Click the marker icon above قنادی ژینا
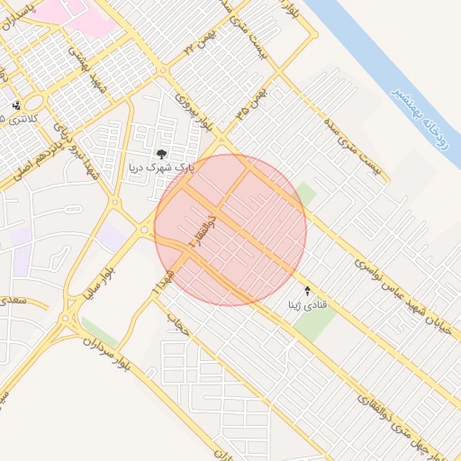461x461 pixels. pos(309,291)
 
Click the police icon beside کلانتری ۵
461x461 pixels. pos(15,105)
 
